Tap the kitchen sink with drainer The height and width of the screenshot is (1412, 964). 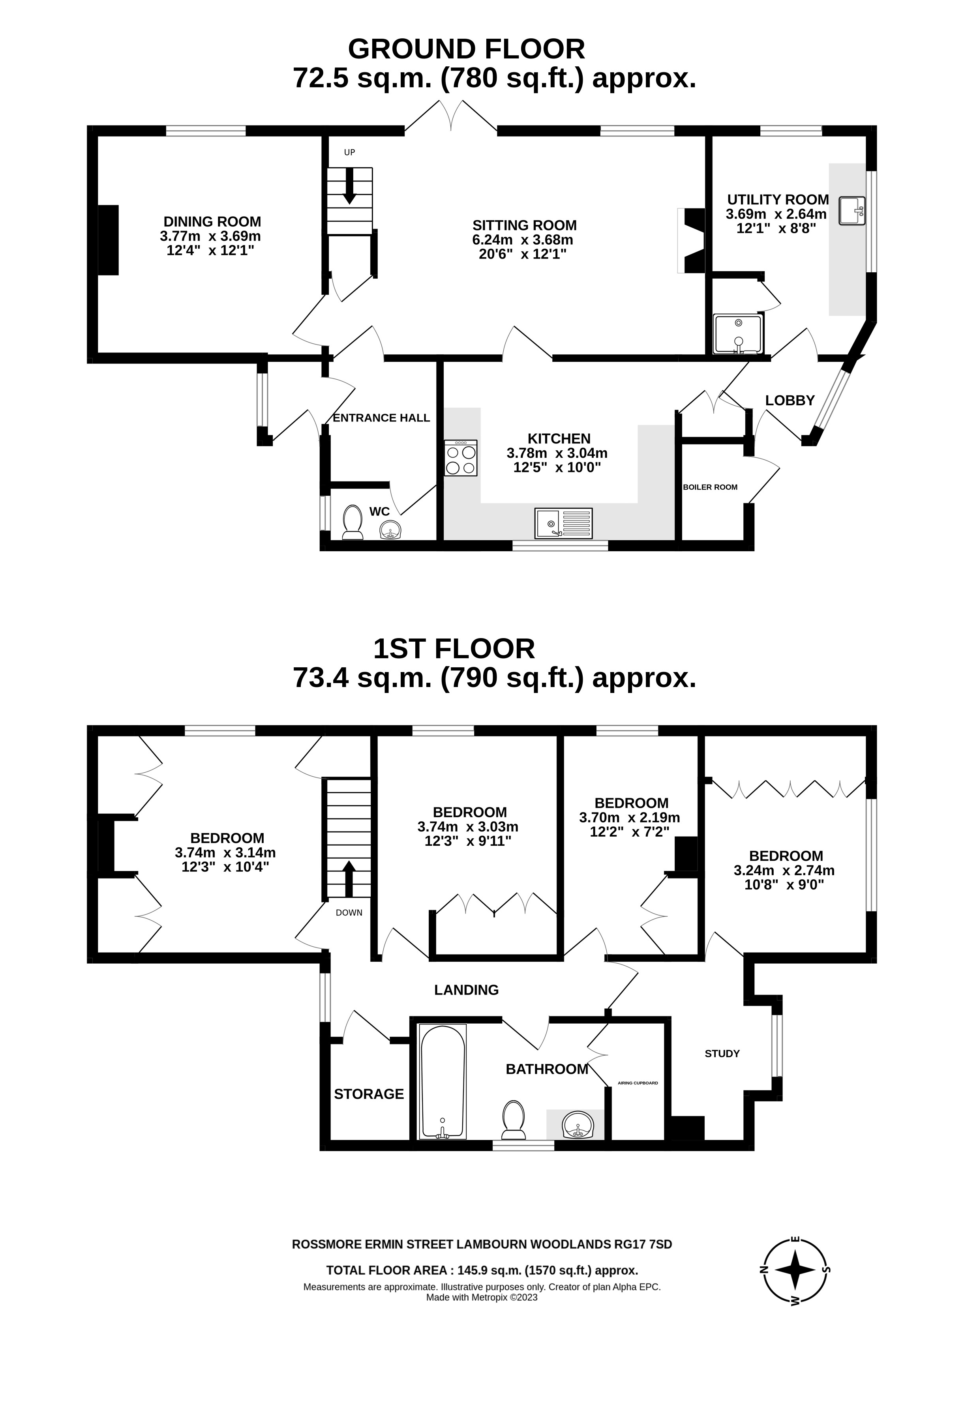563,523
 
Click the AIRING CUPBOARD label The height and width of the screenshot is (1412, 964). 638,1083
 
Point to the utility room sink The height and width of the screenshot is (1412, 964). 851,211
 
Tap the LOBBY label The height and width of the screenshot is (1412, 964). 790,401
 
